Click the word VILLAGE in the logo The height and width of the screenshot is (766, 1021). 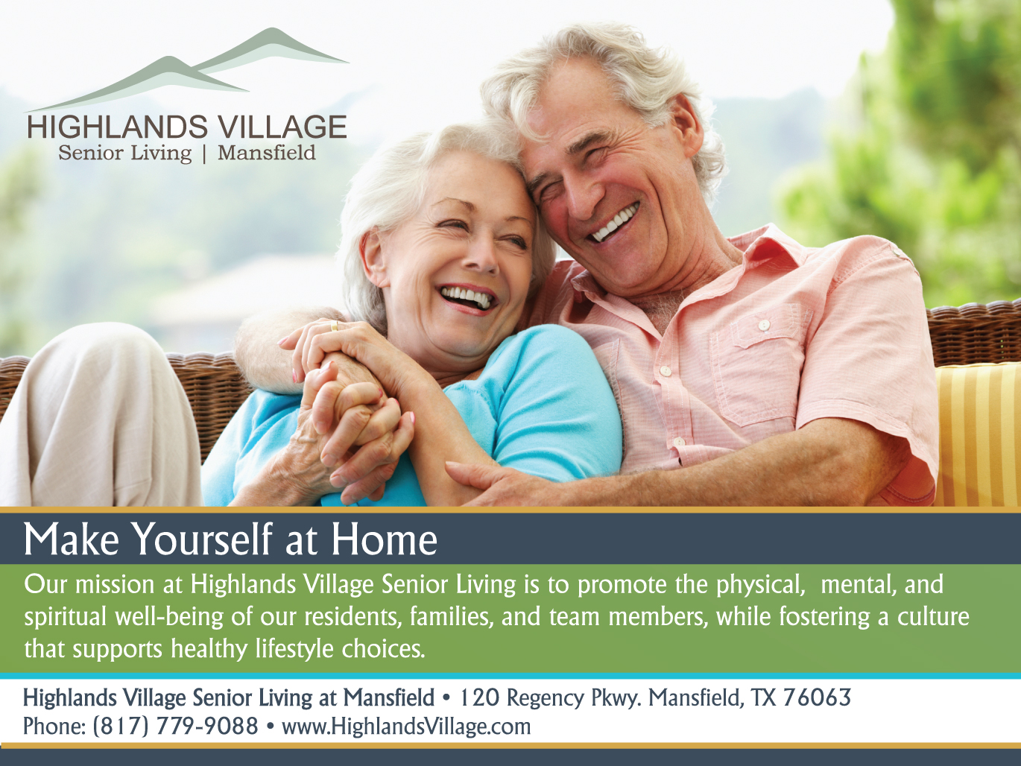pos(282,127)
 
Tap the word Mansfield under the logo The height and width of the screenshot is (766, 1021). pos(267,153)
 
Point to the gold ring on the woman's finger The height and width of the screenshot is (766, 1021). pos(335,326)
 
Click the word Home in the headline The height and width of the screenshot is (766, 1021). pos(385,539)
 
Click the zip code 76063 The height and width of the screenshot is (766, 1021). pos(817,697)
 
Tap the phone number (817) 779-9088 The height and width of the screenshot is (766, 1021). pos(175,727)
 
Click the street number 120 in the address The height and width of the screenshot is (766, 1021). pos(479,697)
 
